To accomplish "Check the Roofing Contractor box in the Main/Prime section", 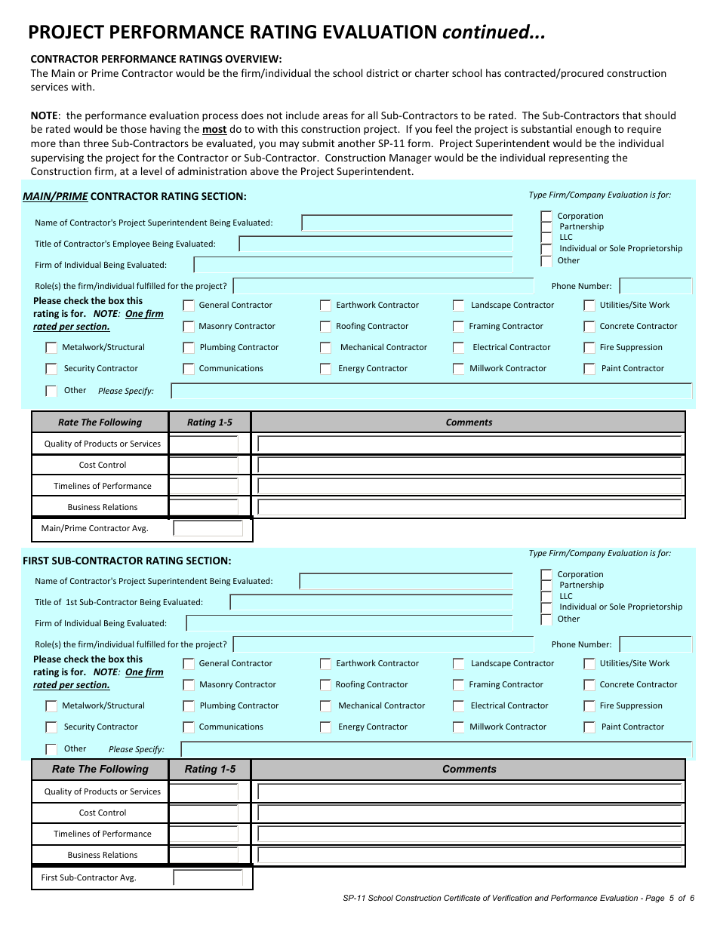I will [x=325, y=327].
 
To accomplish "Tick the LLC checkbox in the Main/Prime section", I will [x=546, y=238].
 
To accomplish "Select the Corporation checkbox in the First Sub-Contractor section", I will [x=546, y=575].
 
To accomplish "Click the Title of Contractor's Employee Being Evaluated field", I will [x=375, y=244].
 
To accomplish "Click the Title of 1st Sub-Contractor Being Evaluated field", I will [x=371, y=603].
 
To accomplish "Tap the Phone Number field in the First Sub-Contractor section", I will [x=655, y=644].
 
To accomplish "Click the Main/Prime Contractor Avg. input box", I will [x=208, y=529].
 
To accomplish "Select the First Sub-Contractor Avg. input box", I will [x=208, y=878].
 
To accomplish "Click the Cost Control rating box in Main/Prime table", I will [x=204, y=466].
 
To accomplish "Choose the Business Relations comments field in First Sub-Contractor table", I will [x=469, y=856].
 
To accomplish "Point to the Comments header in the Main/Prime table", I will [x=469, y=423].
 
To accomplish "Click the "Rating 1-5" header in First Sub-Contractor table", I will [x=210, y=770].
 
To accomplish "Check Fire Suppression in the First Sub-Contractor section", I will [x=589, y=706].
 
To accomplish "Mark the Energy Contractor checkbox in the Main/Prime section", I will [x=325, y=369].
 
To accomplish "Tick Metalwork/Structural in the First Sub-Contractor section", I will [x=51, y=706].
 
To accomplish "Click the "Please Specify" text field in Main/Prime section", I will [x=431, y=391].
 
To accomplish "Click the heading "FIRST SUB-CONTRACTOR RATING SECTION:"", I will [x=127, y=561].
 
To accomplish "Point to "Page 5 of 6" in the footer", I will [x=669, y=899].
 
